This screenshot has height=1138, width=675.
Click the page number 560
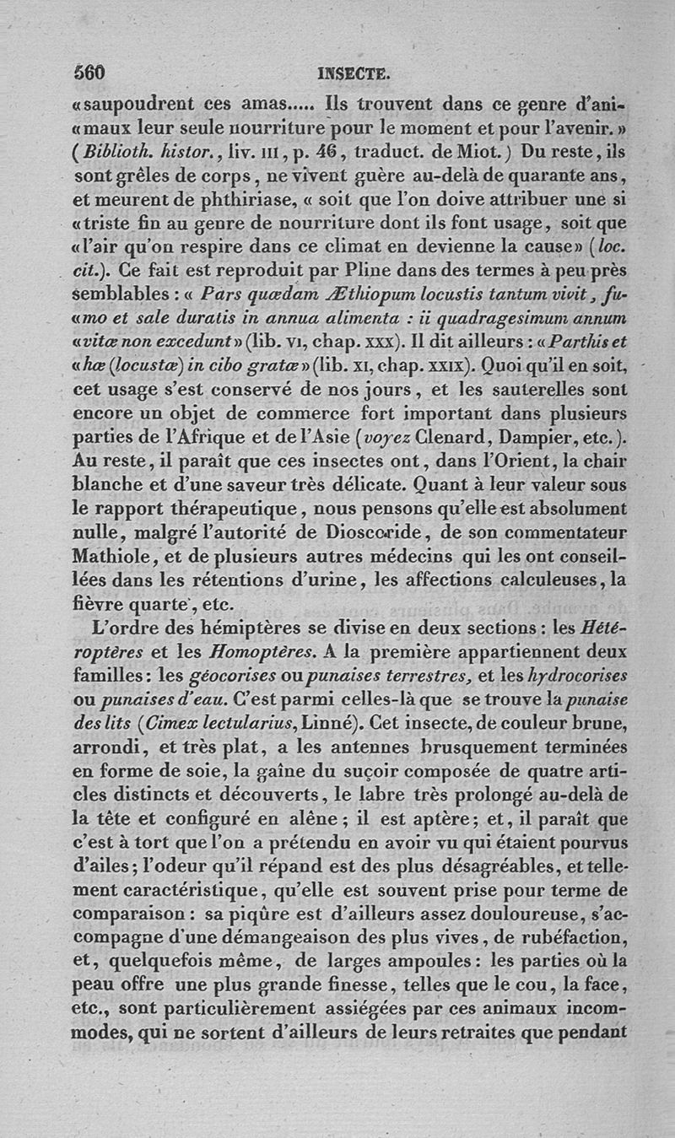[x=89, y=73]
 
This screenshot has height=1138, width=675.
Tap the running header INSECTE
[x=353, y=74]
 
